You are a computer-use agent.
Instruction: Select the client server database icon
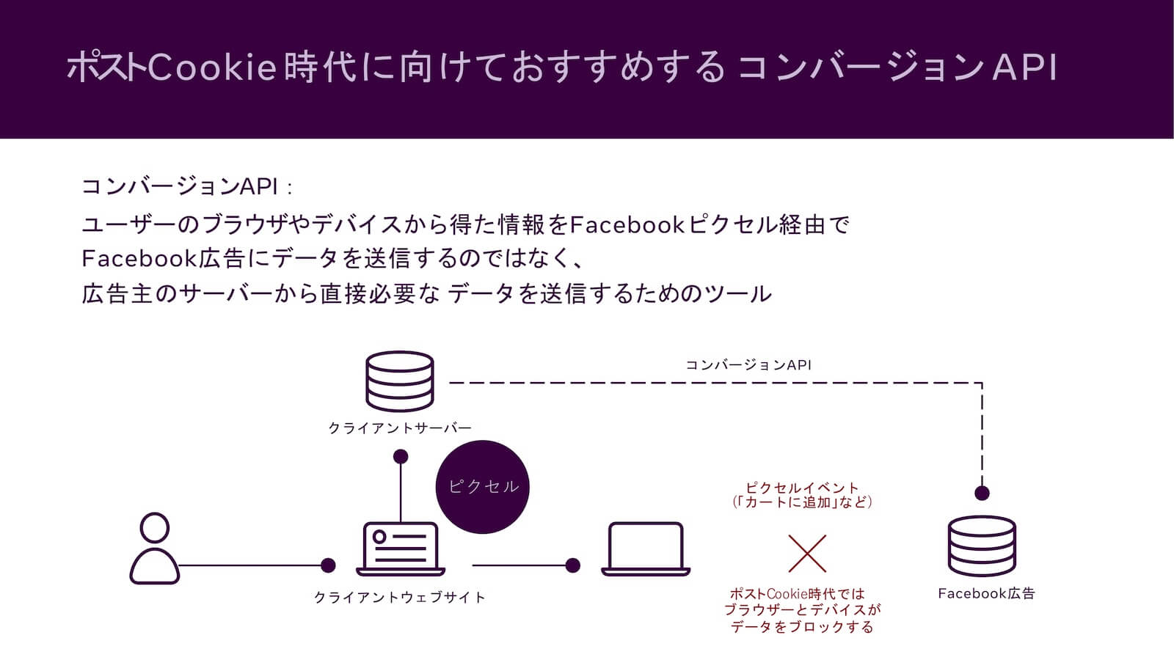[400, 381]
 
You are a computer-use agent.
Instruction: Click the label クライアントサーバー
[400, 428]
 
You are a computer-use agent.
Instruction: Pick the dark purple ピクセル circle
[482, 486]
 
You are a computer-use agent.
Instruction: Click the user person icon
[155, 549]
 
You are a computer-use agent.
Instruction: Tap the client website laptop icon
[401, 549]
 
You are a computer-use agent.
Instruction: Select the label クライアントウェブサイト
[400, 598]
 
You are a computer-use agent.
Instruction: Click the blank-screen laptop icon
[645, 549]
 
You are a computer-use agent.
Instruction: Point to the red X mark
[807, 554]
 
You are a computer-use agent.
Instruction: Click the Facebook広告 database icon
[982, 546]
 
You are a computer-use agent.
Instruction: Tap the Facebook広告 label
[986, 593]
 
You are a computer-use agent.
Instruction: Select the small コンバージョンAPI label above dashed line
[748, 364]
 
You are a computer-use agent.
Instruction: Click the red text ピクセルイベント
[802, 488]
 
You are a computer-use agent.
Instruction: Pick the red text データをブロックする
[802, 627]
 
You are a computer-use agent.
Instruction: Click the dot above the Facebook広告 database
[982, 493]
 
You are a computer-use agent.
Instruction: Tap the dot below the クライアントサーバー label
[401, 457]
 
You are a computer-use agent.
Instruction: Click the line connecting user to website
[249, 565]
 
